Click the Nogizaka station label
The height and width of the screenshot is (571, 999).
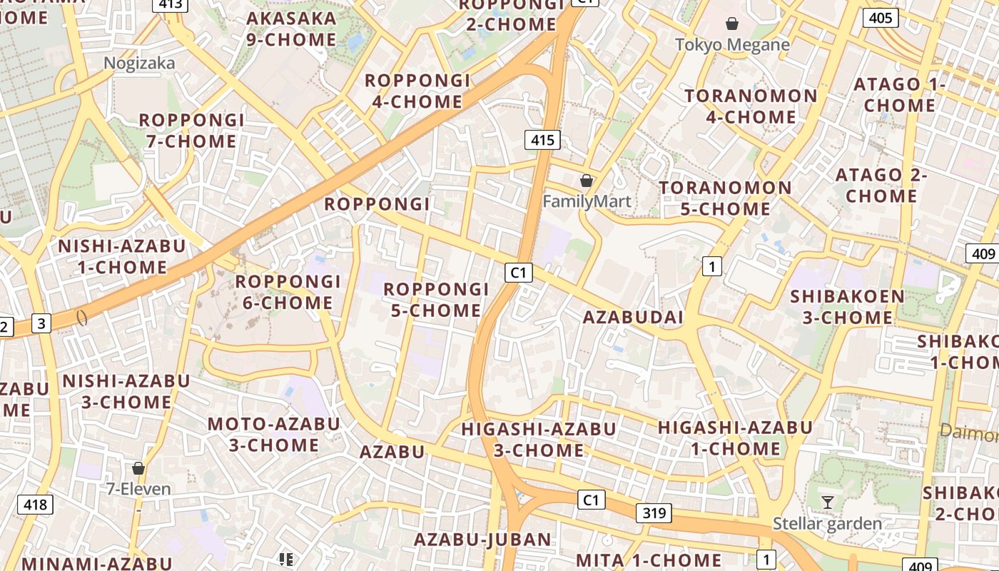139,64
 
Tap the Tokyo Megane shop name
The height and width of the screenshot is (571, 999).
732,45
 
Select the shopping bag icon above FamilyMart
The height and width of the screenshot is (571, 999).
587,181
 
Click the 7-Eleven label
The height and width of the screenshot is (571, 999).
138,489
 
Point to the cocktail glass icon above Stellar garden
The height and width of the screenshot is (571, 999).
827,502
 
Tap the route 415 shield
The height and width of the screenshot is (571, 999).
542,140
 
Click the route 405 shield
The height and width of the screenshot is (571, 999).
881,17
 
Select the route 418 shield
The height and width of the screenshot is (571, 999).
35,505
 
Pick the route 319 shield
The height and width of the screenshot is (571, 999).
654,512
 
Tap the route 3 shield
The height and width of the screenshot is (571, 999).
41,323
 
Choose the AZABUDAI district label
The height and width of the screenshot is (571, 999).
633,317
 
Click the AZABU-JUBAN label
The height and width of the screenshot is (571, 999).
483,540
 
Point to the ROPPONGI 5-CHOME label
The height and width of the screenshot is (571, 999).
436,300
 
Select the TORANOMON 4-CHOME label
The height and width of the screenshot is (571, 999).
751,106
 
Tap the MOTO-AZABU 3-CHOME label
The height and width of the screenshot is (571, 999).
274,434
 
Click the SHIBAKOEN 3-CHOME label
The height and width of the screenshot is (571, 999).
847,306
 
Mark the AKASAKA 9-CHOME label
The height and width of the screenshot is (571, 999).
290,29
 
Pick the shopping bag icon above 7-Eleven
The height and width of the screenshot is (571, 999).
138,468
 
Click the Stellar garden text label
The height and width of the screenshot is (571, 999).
827,524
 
